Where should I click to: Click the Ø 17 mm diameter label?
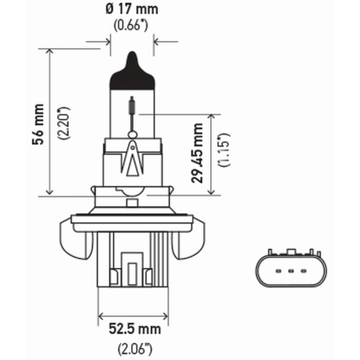coord(132,9)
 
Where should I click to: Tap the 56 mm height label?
coord(39,124)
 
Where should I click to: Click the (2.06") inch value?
coord(135,348)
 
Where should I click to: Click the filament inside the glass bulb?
coord(132,106)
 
